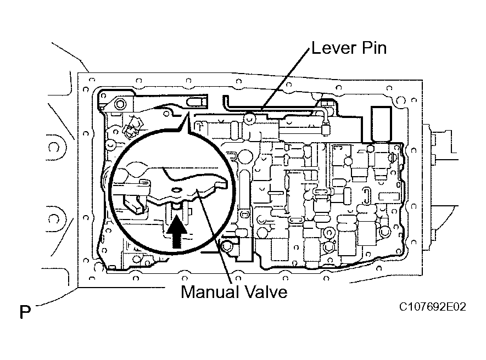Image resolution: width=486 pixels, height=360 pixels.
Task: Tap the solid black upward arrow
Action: tap(176, 230)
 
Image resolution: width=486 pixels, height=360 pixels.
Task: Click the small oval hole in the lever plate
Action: tap(177, 190)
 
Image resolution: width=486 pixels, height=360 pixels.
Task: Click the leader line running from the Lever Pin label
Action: tap(286, 82)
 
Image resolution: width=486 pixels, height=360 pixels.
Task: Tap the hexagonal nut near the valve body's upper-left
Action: tap(132, 131)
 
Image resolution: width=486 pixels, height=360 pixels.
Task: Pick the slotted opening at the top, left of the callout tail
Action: tap(196, 102)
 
